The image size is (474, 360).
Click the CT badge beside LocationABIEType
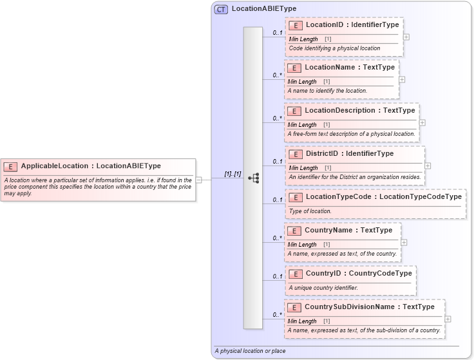tap(221, 9)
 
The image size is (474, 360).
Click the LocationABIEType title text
tap(263, 9)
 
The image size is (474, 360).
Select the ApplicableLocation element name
tap(91, 166)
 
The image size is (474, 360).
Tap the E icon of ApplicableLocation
tap(10, 166)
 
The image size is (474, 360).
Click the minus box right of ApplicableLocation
tap(199, 180)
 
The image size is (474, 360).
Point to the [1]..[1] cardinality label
tap(232, 174)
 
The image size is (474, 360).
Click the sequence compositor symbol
tap(253, 178)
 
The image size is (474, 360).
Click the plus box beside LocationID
tap(406, 37)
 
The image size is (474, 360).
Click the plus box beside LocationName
tap(402, 79)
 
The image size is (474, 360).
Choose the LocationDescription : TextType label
tap(359, 110)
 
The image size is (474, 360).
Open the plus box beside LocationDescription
tap(422, 122)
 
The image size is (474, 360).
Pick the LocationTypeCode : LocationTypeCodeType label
tap(383, 196)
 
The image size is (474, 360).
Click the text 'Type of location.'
tap(310, 211)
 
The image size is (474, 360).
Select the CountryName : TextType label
tap(348, 230)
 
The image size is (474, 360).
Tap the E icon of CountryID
tap(295, 274)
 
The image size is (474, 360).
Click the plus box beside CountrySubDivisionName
tap(448, 319)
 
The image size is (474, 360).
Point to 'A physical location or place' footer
tap(251, 351)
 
